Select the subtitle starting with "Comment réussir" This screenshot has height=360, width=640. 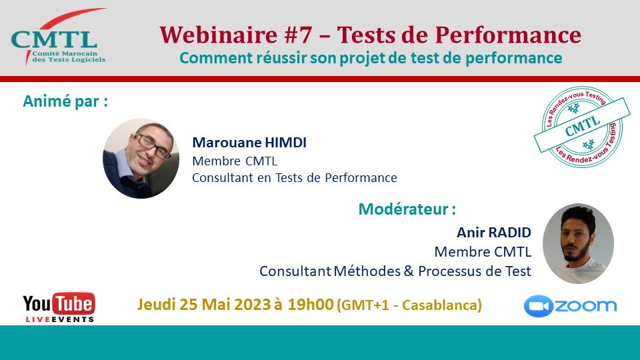point(370,58)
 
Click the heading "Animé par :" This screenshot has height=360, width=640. point(65,102)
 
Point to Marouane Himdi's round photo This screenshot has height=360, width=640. point(141,158)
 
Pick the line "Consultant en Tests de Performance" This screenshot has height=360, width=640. point(294,177)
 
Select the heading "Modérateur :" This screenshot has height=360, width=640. point(407,209)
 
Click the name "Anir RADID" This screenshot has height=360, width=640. point(493,233)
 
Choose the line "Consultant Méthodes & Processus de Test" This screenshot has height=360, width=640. point(395,271)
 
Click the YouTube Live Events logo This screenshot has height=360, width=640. point(59,307)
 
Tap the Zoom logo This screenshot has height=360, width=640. point(570,306)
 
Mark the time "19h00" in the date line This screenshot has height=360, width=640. point(311,305)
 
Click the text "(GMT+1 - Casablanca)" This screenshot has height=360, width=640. point(410,305)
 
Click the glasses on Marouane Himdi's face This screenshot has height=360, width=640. point(152,146)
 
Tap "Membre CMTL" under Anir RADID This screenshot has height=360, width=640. point(483,252)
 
